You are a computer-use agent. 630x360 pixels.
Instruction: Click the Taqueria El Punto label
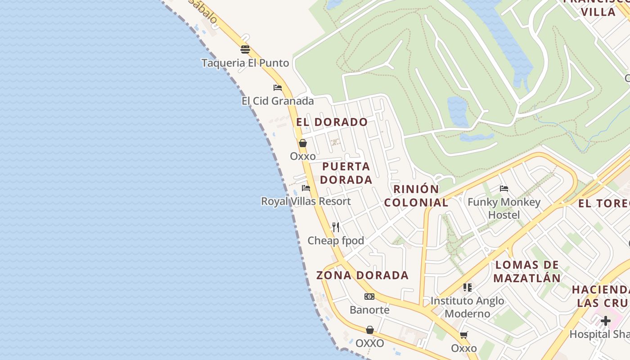[x=245, y=63]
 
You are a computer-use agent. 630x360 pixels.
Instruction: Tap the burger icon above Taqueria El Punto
[x=245, y=49]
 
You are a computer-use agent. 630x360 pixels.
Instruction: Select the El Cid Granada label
[x=278, y=101]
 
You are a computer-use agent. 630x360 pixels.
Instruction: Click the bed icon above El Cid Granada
[x=278, y=87]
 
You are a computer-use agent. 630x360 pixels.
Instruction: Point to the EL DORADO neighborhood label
[x=332, y=122]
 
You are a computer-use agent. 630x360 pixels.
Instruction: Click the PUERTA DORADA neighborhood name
[x=346, y=173]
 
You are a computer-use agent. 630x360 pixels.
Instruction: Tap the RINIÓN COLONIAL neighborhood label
[x=416, y=196]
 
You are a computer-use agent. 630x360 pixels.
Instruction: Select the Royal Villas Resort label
[x=306, y=201]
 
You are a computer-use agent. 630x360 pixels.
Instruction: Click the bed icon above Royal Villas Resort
[x=306, y=188]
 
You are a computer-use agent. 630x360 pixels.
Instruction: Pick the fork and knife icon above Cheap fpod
[x=336, y=227]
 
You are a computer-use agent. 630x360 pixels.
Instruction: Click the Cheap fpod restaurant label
[x=336, y=241]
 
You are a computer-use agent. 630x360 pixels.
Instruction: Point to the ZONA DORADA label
[x=363, y=275]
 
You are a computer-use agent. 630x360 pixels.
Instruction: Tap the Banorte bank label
[x=369, y=310]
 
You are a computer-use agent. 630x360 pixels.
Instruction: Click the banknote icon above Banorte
[x=369, y=297]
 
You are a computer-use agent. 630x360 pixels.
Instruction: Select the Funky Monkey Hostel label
[x=504, y=208]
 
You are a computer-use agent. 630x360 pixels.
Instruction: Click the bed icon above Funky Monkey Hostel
[x=504, y=189]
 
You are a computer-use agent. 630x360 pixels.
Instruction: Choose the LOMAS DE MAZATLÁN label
[x=527, y=271]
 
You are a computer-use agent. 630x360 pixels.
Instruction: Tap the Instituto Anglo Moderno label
[x=468, y=307]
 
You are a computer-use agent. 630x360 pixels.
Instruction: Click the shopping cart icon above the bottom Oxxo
[x=464, y=335]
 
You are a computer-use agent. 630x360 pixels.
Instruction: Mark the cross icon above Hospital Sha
[x=606, y=321]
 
